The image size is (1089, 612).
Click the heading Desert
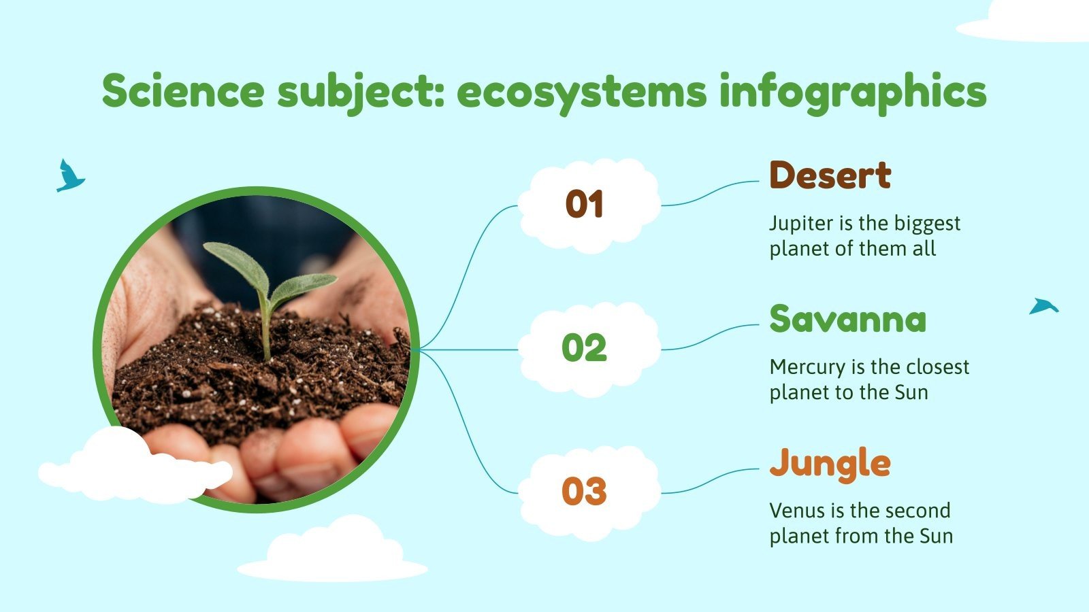[830, 175]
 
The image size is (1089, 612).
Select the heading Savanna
[847, 319]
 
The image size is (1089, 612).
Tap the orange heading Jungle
[830, 464]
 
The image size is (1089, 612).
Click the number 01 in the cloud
[585, 205]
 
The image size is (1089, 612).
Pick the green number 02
[584, 348]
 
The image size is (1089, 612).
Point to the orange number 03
[584, 492]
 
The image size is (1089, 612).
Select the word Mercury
[807, 367]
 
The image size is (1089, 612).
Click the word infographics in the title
[852, 92]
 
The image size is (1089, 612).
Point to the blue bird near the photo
[69, 177]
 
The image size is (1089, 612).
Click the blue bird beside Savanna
[1043, 307]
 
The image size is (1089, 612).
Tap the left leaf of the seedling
[235, 263]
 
